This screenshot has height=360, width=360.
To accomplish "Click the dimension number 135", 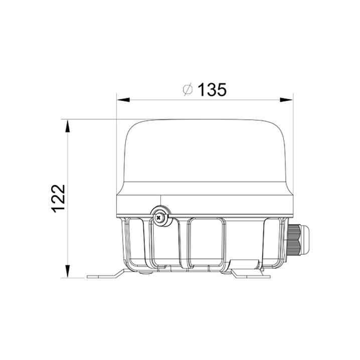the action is pyautogui.click(x=212, y=90).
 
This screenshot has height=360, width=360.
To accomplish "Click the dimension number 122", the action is pyautogui.click(x=58, y=199).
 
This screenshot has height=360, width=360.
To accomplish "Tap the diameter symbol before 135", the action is pyautogui.click(x=188, y=90).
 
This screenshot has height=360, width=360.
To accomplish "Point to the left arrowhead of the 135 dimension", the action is pyautogui.click(x=123, y=100).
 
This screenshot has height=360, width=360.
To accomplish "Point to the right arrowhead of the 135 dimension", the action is pyautogui.click(x=286, y=100).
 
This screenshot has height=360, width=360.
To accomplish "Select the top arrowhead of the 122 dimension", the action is pyautogui.click(x=68, y=126).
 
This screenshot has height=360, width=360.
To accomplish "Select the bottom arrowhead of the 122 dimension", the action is pyautogui.click(x=68, y=271).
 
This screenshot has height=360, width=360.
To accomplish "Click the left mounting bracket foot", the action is pyautogui.click(x=104, y=275).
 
